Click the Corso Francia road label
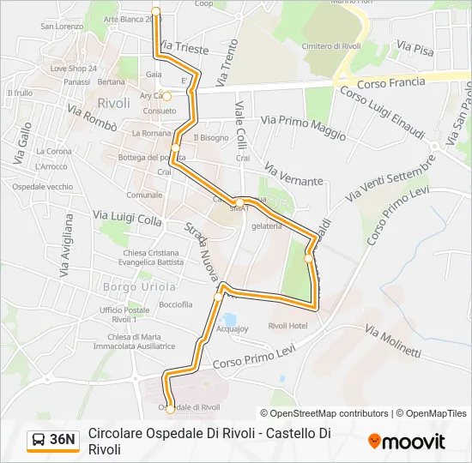pyautogui.click(x=390, y=82)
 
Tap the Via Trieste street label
pyautogui.click(x=184, y=48)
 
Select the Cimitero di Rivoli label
pyautogui.click(x=330, y=45)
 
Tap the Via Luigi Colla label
pyautogui.click(x=127, y=219)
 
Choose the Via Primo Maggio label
pyautogui.click(x=304, y=129)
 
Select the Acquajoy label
pyautogui.click(x=233, y=328)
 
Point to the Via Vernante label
pyautogui.click(x=293, y=175)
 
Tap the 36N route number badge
pyautogui.click(x=62, y=440)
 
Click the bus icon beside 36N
pyautogui.click(x=39, y=441)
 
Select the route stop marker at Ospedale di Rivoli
pyautogui.click(x=170, y=410)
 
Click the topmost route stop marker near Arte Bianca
pyautogui.click(x=155, y=11)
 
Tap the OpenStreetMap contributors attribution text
pyautogui.click(x=330, y=413)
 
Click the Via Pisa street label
pyautogui.click(x=418, y=50)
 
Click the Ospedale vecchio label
pyautogui.click(x=43, y=187)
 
